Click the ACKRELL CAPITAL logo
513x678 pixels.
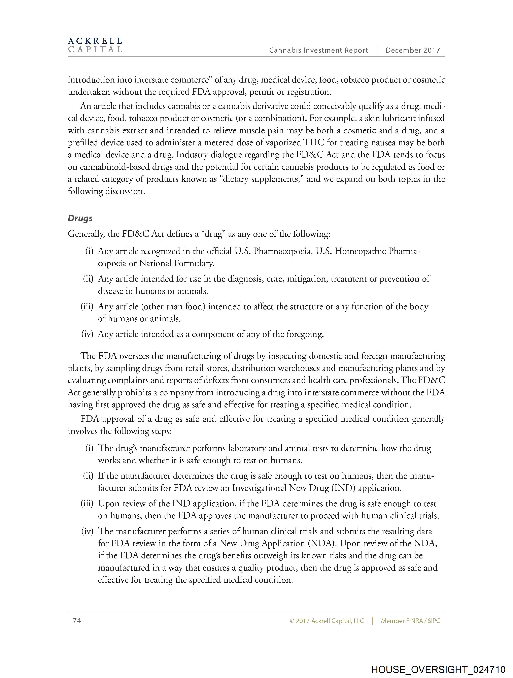[95, 45]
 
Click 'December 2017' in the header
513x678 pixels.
[412, 51]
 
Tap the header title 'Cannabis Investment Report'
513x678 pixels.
[318, 51]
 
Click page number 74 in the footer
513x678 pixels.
[77, 621]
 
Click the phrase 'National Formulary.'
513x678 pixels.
[177, 263]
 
